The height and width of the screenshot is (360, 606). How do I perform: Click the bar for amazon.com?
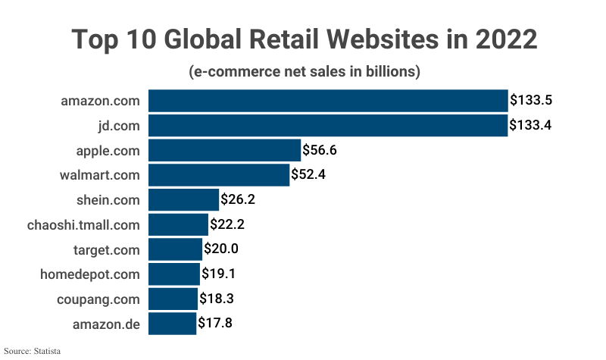click(327, 101)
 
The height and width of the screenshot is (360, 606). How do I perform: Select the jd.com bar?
click(327, 125)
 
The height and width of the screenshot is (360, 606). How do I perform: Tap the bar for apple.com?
click(224, 150)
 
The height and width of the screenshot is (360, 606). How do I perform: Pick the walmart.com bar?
click(219, 175)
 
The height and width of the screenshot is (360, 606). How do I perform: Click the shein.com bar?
click(183, 200)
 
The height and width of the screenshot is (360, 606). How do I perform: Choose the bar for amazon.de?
click(172, 324)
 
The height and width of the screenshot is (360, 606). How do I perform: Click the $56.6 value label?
click(319, 150)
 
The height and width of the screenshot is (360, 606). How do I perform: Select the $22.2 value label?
click(226, 224)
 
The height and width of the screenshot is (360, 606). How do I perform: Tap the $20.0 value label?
click(221, 249)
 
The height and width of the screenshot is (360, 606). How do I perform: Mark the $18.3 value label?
click(217, 299)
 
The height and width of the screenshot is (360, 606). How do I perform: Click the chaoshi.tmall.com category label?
click(83, 224)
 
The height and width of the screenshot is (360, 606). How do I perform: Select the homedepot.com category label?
click(90, 274)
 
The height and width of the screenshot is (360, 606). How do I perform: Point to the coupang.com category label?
click(98, 299)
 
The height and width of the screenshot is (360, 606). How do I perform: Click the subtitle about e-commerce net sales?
click(303, 72)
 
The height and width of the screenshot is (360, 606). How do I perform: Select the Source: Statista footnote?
click(33, 351)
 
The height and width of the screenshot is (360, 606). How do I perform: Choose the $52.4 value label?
click(308, 175)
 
